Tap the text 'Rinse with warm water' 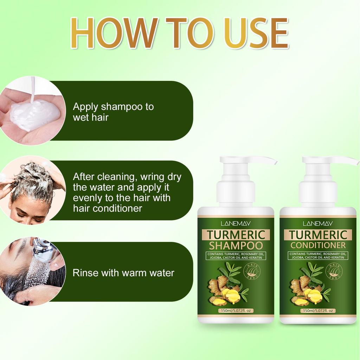click(123, 273)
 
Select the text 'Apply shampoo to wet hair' click(113, 112)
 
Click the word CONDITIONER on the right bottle click(318, 245)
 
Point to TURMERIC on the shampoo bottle click(236, 234)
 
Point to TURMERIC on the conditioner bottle click(318, 234)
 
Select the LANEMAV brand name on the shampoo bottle click(236, 223)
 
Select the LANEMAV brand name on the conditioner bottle click(318, 223)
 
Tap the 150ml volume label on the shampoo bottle click(236, 311)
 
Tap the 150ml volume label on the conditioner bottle click(318, 311)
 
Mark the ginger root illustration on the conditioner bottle click(305, 290)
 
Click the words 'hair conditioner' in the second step click(107, 208)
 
